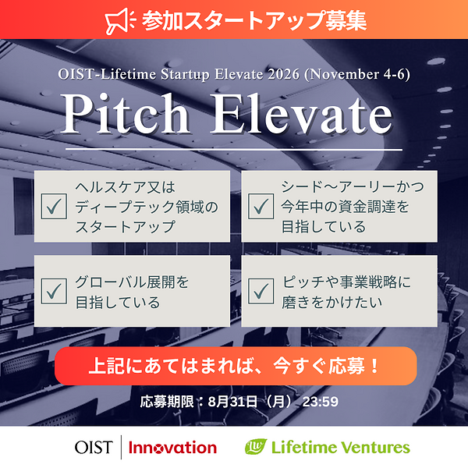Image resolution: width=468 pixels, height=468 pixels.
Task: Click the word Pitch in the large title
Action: coord(126,114)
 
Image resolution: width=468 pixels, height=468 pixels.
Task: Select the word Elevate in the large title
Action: coord(301,114)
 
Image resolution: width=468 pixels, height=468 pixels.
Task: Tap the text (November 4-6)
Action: coord(357,74)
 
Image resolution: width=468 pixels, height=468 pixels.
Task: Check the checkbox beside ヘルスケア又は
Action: coord(54,206)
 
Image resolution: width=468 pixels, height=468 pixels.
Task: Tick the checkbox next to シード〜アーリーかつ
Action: coord(261,206)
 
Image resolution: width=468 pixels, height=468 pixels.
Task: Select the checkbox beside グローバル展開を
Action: coord(54,291)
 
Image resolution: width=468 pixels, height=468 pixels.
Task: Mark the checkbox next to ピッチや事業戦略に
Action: coord(261,291)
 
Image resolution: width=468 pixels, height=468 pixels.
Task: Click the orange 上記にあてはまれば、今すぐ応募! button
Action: coord(236,366)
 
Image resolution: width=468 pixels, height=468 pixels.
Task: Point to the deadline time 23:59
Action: coord(321,402)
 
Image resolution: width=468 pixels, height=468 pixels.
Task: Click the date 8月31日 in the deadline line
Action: coord(232,402)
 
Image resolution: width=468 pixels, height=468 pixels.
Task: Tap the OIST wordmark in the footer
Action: coord(94,448)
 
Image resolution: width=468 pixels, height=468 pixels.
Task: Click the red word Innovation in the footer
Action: coord(173,448)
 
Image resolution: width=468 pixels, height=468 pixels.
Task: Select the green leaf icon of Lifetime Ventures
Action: coord(256,446)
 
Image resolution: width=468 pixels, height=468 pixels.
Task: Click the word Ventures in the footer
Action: coord(375,448)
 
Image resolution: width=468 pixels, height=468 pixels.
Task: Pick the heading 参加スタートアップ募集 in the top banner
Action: coord(254,21)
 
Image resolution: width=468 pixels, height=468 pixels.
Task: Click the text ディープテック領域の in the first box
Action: coord(147,207)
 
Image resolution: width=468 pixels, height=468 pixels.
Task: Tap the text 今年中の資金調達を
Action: coord(345,207)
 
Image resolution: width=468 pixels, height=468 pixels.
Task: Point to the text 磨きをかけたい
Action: coord(332,302)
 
